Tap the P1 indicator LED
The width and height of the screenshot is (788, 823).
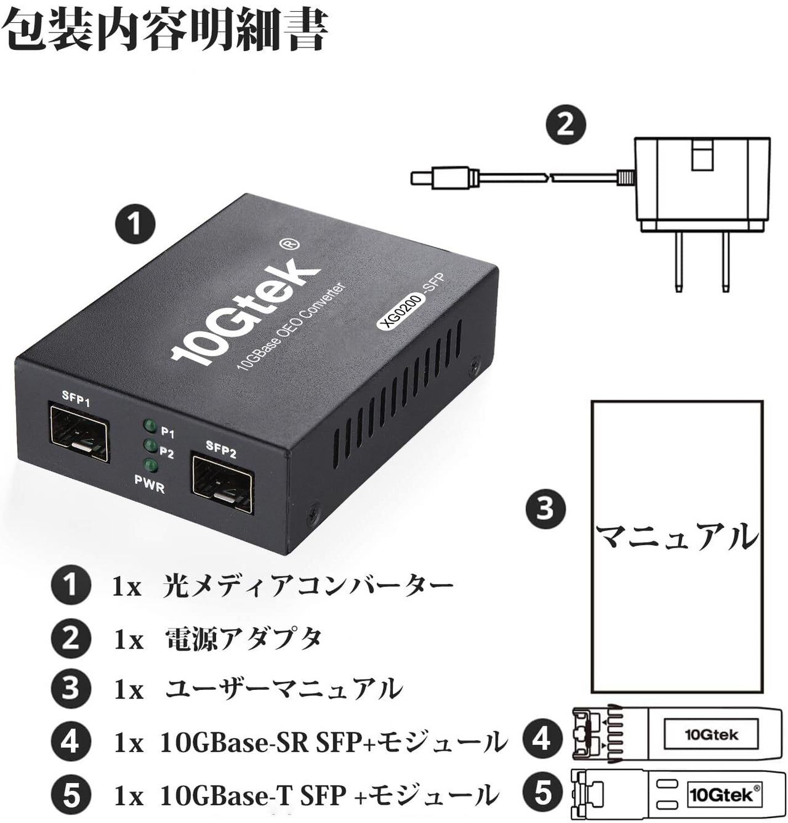(148, 426)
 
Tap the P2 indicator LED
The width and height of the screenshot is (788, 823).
(149, 445)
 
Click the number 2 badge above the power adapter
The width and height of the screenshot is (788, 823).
(566, 124)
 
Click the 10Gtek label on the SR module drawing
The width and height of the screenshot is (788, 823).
(711, 734)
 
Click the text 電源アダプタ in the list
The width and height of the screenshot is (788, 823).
(244, 638)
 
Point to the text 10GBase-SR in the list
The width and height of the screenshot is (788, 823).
(234, 742)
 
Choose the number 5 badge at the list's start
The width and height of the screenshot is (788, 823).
(71, 795)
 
